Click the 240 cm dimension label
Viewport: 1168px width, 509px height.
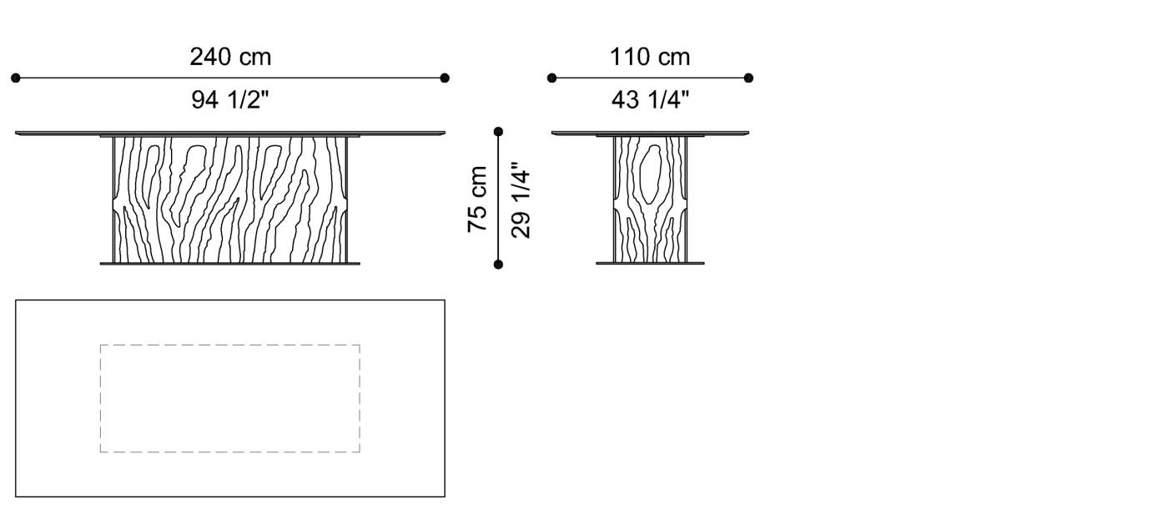230,58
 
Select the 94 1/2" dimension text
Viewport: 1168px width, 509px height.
230,100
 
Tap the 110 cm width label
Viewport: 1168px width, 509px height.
650,58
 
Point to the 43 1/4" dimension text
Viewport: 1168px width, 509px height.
650,100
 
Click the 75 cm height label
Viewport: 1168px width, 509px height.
477,199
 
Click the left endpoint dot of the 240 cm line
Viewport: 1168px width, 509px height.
16,78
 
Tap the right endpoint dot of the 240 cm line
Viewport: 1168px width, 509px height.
445,78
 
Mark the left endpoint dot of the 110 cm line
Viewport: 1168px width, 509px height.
551,78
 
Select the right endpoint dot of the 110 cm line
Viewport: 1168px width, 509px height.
748,78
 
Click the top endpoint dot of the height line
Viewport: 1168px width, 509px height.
499,131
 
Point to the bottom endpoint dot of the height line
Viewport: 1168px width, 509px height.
499,265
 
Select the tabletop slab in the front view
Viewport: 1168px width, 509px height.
230,132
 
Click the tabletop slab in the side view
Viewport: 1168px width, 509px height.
650,132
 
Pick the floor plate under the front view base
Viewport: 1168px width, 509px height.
230,264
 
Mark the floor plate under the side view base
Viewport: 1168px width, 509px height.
650,264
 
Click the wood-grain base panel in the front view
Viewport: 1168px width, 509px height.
230,199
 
